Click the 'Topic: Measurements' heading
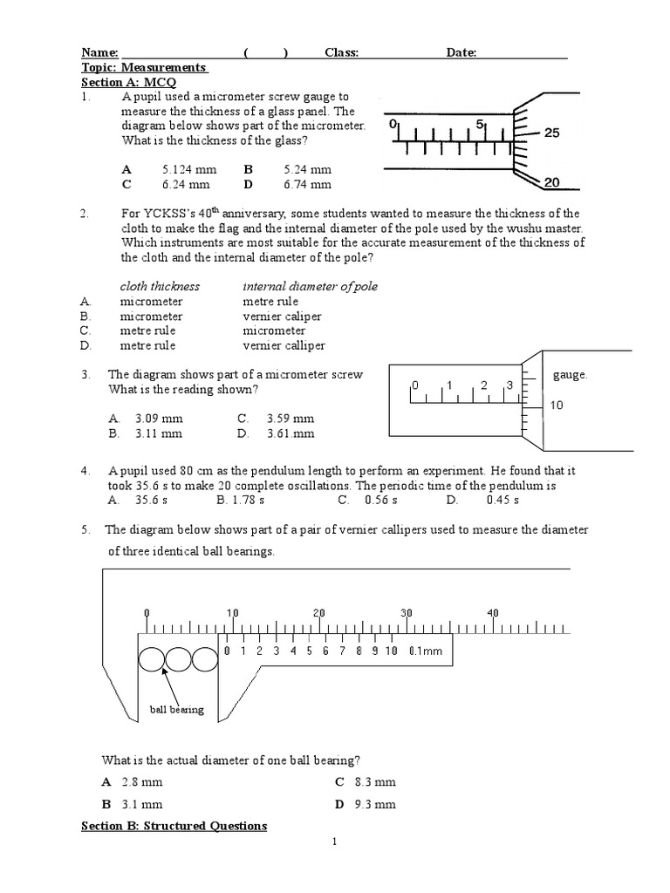tap(143, 67)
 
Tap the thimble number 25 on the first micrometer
tap(551, 133)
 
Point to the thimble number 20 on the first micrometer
tap(551, 182)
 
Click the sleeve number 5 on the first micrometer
tap(480, 125)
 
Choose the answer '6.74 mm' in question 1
tap(307, 184)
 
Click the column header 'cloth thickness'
tap(160, 286)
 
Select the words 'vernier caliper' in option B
tap(282, 316)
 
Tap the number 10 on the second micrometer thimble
tap(557, 406)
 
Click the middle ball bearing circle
tap(178, 658)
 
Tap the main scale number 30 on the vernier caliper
tap(406, 613)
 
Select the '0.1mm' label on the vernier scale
tap(426, 651)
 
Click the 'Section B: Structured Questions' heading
tap(174, 825)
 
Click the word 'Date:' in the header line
tap(461, 52)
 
